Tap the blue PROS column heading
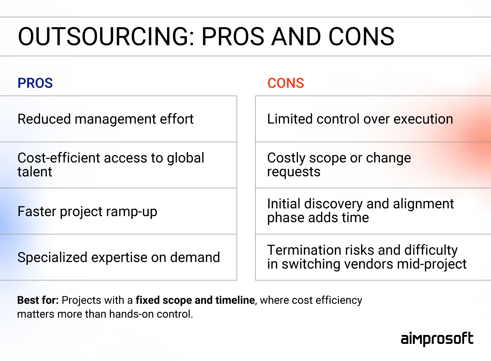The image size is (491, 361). pyautogui.click(x=35, y=83)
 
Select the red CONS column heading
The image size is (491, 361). pyautogui.click(x=285, y=83)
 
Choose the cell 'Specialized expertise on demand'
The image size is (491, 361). pyautogui.click(x=118, y=257)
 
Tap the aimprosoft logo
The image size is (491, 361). pyautogui.click(x=437, y=339)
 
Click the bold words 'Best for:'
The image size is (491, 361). pyautogui.click(x=38, y=300)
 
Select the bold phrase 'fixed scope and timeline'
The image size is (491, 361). pyautogui.click(x=195, y=300)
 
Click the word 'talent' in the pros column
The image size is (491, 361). pyautogui.click(x=35, y=172)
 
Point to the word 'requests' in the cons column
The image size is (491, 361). pyautogui.click(x=294, y=172)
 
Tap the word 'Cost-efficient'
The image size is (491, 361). pyautogui.click(x=59, y=158)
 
